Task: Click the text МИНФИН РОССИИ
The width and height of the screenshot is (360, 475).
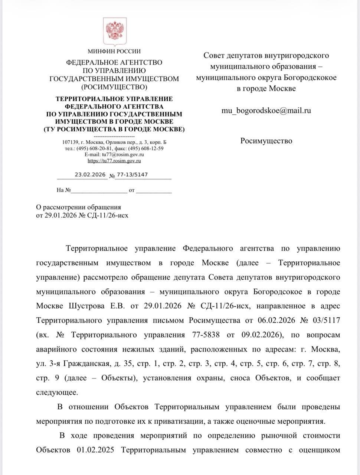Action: pos(114,51)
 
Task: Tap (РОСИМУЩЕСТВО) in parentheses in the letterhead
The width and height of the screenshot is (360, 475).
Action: pos(114,87)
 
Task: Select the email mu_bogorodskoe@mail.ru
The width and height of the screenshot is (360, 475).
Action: pos(266,110)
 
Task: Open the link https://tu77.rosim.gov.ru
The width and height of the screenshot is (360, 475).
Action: pos(114,161)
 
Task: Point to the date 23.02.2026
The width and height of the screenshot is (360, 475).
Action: pos(90,174)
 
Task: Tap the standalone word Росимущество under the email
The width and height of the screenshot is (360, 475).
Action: pos(266,141)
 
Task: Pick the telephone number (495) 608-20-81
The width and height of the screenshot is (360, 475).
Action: pos(92,148)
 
